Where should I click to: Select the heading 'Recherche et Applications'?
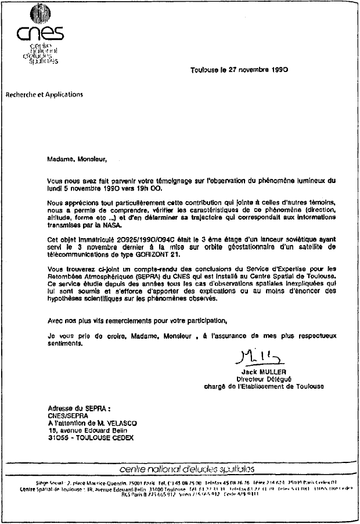[45, 94]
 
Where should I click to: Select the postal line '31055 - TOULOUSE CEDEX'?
[90, 437]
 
